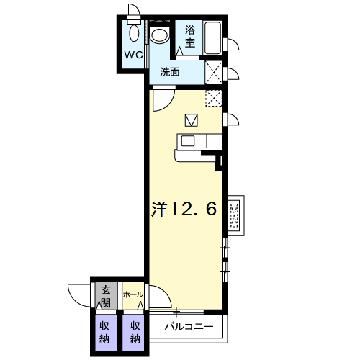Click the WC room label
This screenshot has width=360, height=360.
pos(133,55)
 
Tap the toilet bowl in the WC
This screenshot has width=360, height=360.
pos(134,33)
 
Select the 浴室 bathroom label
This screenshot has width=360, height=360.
pos(190,37)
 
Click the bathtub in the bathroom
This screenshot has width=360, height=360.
pos(212,37)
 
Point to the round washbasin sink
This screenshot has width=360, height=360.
pos(160,35)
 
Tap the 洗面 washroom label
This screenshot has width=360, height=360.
pos(170,72)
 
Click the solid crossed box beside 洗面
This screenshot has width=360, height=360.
pos(214,73)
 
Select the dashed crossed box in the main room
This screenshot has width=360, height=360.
pos(214,99)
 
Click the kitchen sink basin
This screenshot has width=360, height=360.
pos(188,141)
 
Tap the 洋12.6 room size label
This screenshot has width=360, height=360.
pos(184,209)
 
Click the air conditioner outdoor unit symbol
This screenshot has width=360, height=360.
pos(235,215)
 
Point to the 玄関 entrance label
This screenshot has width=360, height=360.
pos(106,297)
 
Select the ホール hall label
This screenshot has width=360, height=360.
pos(133,294)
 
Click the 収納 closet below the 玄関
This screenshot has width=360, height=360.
pos(104,333)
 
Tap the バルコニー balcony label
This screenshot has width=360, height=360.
pos(189,327)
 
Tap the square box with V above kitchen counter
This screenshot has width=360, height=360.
pos(192,120)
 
